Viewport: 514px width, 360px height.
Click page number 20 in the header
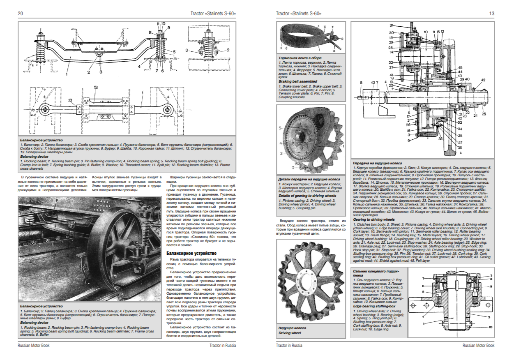pos(20,14)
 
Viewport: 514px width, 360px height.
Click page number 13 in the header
pos(491,14)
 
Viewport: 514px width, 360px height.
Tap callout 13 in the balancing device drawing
pos(95,88)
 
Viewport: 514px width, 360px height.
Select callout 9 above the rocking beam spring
pos(168,28)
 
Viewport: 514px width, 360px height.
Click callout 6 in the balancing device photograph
pos(58,200)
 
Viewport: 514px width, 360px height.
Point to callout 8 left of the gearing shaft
pos(361,83)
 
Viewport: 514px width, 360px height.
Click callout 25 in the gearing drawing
pos(484,114)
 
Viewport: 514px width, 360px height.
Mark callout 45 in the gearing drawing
pos(460,67)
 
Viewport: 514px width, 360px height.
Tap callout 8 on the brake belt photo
pos(342,39)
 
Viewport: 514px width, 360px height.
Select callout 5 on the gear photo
pos(280,128)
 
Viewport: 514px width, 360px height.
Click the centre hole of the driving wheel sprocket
pos(309,284)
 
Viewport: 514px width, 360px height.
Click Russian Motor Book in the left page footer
pos(34,346)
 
